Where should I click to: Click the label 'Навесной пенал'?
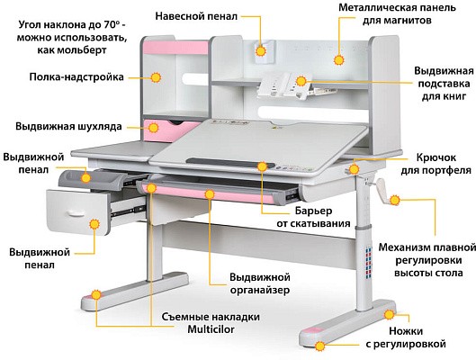coord(196,16)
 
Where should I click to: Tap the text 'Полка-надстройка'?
coord(76,77)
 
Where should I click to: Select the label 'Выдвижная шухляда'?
coord(68,126)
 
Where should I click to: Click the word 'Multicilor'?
coord(211,329)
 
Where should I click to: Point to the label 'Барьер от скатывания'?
coord(314,217)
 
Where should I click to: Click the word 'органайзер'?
coord(260,290)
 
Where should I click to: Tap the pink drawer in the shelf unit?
coord(172,130)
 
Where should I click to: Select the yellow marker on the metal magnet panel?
coord(338,59)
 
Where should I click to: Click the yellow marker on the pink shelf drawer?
coord(154,128)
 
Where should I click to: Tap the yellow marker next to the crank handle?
coord(395,201)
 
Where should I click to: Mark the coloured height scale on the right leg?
coord(368,263)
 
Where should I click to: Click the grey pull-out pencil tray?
coord(93,180)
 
